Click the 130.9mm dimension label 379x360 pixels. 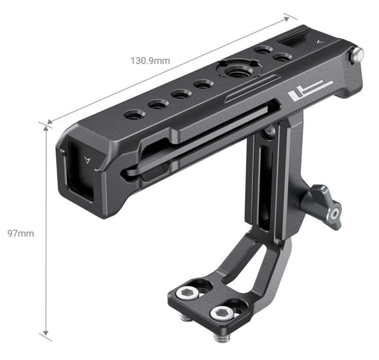[150, 61]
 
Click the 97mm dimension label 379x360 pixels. [20, 233]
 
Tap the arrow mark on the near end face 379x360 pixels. [87, 160]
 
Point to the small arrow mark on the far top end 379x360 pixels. [320, 42]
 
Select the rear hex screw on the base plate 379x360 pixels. [188, 294]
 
